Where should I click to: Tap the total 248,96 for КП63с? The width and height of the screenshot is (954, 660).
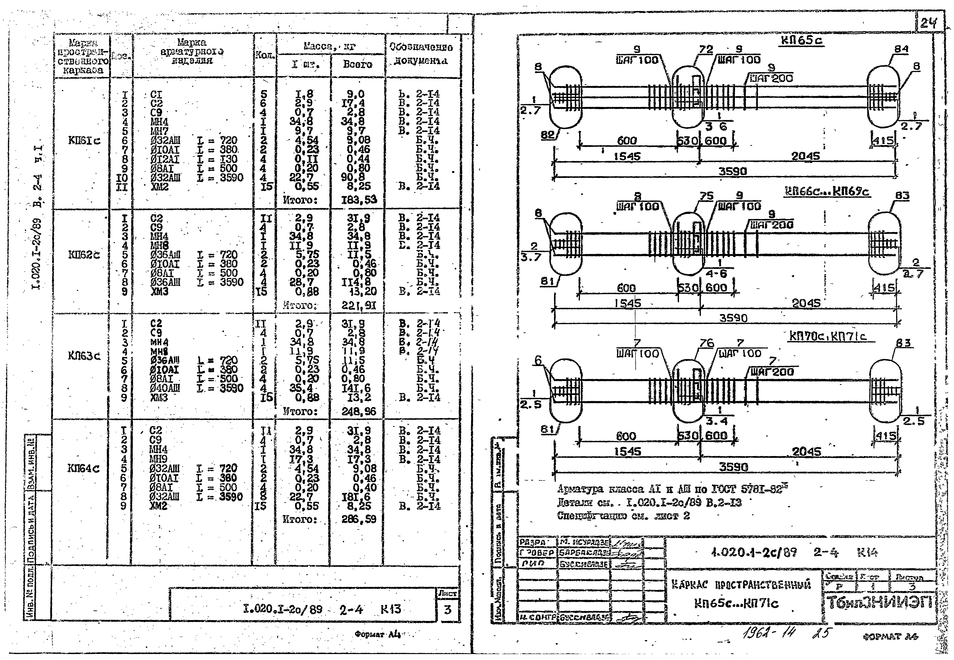(358, 411)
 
